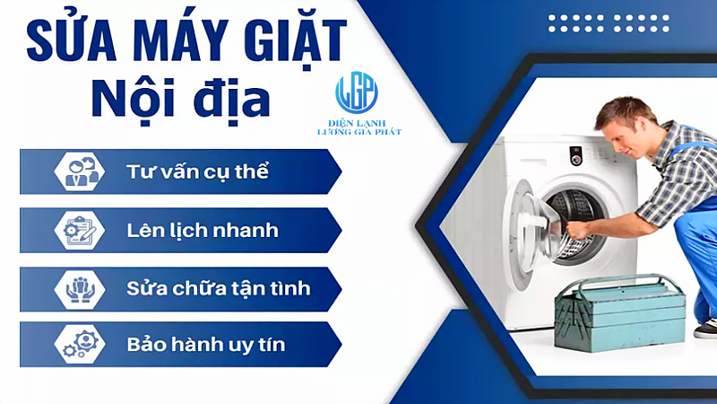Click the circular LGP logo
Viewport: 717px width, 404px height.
(357, 92)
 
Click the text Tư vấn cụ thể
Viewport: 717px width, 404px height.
(198, 171)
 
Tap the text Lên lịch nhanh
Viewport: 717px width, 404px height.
(203, 231)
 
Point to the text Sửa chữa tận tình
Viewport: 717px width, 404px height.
(219, 289)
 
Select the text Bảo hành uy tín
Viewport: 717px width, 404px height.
(207, 345)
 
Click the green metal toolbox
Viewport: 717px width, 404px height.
(619, 320)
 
